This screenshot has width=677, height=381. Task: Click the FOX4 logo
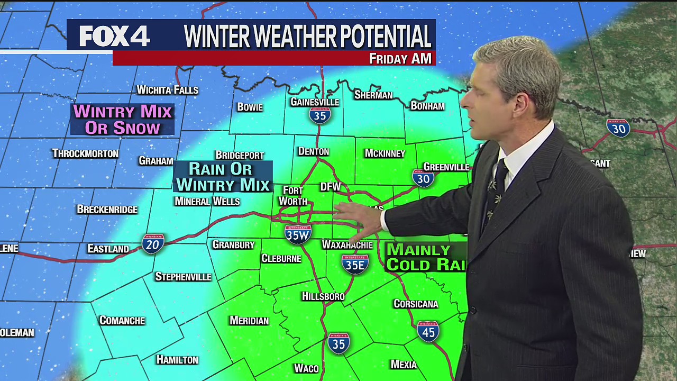[x=115, y=36]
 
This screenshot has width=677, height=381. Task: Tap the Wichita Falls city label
[x=167, y=90]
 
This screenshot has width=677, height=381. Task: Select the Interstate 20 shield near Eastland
[x=152, y=243]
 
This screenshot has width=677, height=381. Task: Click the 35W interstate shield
[x=297, y=234]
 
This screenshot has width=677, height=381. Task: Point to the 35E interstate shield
[x=355, y=264]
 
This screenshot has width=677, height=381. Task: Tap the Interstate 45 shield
[x=428, y=331]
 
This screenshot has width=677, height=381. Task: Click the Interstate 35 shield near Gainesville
[x=320, y=115]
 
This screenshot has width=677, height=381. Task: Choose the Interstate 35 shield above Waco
[x=338, y=343]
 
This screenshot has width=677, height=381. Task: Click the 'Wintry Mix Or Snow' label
[x=123, y=120]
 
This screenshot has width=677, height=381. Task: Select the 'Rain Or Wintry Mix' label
[x=223, y=177]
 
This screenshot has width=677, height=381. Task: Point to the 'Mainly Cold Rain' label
[x=426, y=257]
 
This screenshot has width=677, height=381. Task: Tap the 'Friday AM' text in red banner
[x=400, y=58]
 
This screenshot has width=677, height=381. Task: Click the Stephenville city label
[x=183, y=277]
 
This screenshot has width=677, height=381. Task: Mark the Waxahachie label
[x=347, y=245]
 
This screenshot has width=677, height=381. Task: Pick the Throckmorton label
[x=85, y=153]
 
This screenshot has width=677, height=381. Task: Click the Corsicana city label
[x=416, y=304]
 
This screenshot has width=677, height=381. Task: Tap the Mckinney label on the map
[x=385, y=153]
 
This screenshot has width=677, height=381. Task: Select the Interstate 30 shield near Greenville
[x=423, y=178]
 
